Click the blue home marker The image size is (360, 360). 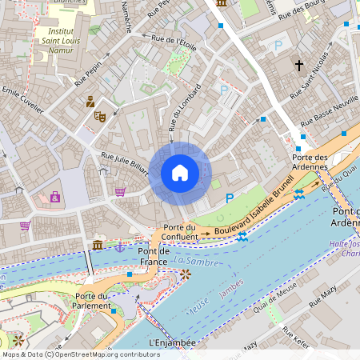pos(180,172)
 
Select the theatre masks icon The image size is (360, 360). pos(100,116)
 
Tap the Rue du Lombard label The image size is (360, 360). pos(184,108)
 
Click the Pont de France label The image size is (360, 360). pos(153,256)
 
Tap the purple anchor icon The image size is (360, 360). pos(119,246)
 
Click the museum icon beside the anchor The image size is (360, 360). pos(98,244)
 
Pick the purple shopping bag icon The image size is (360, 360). pos(54,197)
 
